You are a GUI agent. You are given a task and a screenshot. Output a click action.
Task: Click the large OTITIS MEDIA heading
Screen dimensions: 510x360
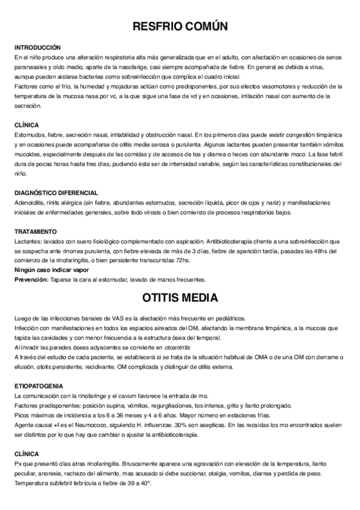coord(180,298)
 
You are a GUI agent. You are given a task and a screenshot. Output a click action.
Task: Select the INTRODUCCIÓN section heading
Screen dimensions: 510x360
coord(37,47)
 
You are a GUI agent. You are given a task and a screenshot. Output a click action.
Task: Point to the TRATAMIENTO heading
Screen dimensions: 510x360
coord(35,232)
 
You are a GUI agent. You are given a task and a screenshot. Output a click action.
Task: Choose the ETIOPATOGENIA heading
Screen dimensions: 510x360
coord(39,386)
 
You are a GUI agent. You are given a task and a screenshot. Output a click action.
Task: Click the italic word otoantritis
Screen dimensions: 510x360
coord(183,348)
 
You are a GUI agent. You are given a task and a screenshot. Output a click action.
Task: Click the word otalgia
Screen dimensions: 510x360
coord(207,473)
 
